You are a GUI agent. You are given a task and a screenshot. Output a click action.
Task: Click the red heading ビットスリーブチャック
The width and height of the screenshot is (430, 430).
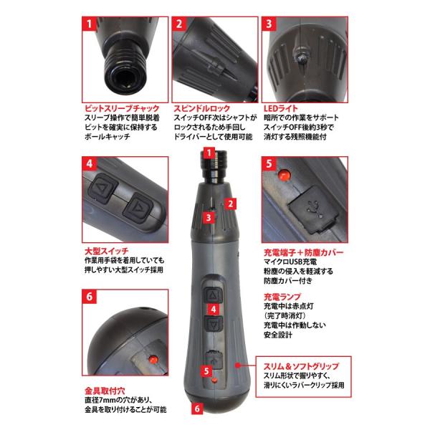point(122,108)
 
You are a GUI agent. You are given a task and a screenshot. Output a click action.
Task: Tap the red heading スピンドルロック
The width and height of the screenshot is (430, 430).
point(202,108)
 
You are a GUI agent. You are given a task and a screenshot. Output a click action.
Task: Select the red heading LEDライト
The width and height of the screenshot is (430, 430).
point(280,108)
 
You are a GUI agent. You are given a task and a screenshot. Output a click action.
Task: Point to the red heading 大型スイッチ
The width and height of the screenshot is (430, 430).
point(106,251)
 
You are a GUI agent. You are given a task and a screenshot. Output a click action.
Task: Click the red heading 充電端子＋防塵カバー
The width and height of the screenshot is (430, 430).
point(304,252)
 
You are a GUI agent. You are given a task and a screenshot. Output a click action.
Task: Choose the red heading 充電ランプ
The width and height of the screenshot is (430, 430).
point(282,297)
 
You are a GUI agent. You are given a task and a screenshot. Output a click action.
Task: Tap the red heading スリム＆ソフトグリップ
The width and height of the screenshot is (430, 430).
point(302,366)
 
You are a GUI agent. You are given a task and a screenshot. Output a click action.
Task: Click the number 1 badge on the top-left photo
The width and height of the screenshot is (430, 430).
point(90,24)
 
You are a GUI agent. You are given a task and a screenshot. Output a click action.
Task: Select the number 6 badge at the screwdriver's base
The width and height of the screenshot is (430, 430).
point(198,408)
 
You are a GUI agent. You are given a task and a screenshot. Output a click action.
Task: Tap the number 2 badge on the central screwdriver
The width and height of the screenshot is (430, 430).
point(230,204)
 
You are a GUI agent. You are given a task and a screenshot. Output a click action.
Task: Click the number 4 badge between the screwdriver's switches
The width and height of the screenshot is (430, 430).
point(214,310)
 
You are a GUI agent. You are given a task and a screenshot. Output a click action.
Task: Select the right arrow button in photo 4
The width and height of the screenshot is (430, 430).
point(138,208)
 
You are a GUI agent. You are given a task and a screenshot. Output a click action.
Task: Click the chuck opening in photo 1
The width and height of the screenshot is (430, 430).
point(124,80)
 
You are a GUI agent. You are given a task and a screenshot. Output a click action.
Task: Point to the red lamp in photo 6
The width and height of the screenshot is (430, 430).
point(153,359)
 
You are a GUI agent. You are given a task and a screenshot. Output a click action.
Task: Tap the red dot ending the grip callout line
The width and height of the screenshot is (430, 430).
point(238,365)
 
